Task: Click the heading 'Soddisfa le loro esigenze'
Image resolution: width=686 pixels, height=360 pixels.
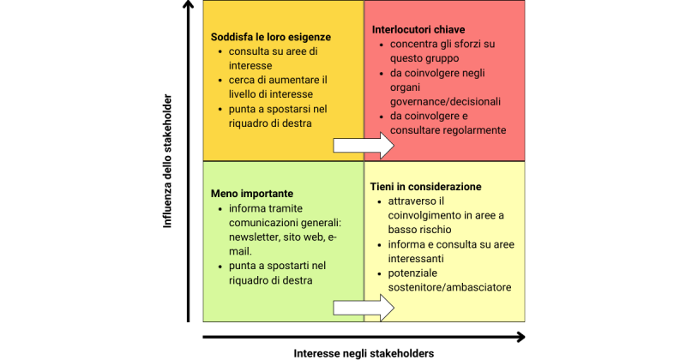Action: pyautogui.click(x=270, y=37)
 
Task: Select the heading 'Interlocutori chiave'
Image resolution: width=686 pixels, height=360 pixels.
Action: pyautogui.click(x=418, y=29)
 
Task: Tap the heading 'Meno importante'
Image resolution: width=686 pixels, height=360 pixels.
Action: pyautogui.click(x=252, y=194)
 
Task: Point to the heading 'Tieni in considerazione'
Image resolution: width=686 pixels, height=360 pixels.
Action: pyautogui.click(x=425, y=187)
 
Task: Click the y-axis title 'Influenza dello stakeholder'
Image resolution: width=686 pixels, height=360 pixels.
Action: pyautogui.click(x=169, y=161)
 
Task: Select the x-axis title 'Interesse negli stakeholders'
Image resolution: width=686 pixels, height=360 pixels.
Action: pyautogui.click(x=364, y=353)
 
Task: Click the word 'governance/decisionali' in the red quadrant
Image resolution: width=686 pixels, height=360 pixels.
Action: pyautogui.click(x=445, y=101)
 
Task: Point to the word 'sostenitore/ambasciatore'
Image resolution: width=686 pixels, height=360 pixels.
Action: pyautogui.click(x=450, y=287)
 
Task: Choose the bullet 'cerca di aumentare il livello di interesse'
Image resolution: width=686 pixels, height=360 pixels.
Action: pyautogui.click(x=272, y=87)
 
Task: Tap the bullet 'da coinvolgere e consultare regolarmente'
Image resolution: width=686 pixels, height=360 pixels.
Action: pyautogui.click(x=448, y=123)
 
